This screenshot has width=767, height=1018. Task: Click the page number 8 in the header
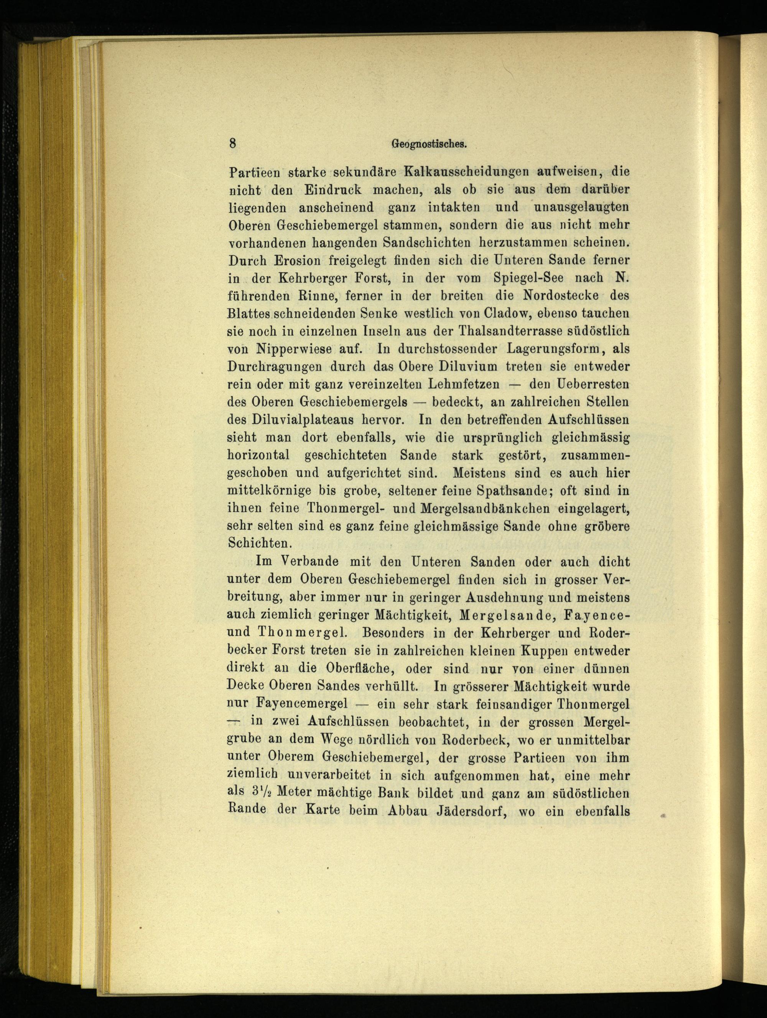233,143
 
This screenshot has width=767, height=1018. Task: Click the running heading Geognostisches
429,144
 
